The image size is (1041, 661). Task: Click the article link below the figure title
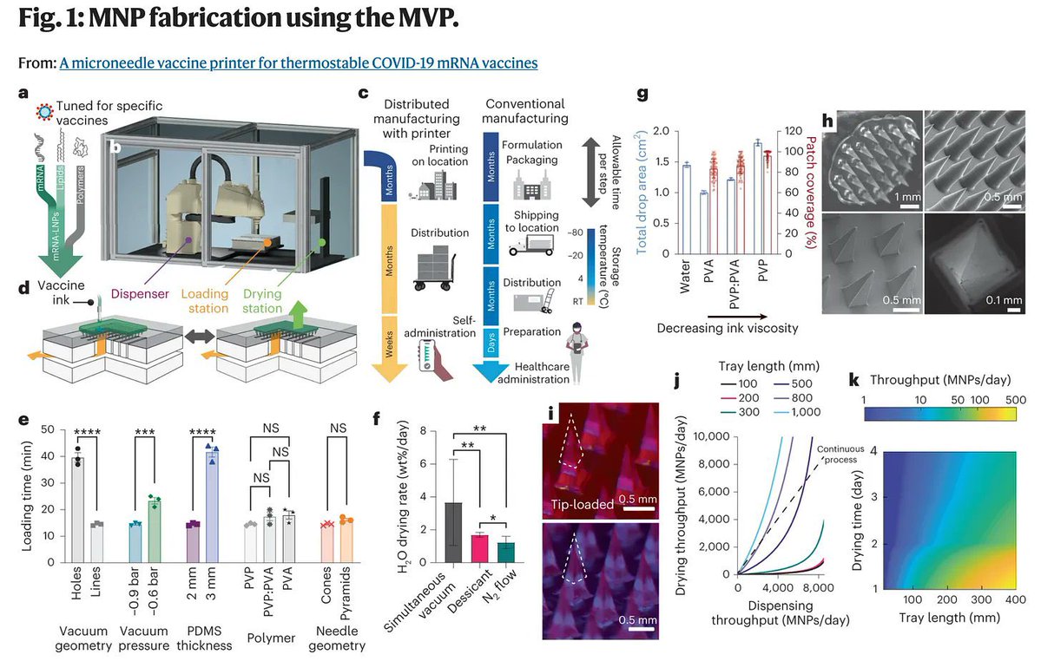(x=299, y=62)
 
